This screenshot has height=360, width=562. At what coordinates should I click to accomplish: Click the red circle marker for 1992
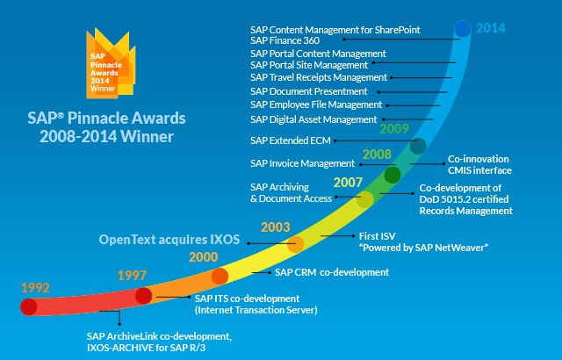29,307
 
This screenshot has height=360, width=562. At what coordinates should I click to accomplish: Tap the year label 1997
132,276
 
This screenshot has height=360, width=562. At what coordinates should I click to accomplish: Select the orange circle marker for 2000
220,277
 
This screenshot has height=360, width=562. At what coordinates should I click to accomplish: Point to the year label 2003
275,227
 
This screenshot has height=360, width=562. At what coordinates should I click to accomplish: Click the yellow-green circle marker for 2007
365,199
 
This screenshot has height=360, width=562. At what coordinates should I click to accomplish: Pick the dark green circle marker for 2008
393,175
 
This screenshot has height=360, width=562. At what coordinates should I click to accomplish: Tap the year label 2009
394,128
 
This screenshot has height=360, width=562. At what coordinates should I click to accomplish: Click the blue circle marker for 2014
463,29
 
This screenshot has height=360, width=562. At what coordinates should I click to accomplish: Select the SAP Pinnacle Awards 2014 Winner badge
111,64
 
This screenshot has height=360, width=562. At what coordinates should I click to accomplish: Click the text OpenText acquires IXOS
169,240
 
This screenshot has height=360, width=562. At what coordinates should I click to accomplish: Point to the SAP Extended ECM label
291,140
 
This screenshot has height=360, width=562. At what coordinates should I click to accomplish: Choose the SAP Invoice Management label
302,163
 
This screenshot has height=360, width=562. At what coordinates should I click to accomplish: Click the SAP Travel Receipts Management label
319,77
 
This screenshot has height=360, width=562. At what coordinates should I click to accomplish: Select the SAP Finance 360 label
285,40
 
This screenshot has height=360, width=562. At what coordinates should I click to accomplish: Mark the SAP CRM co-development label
332,272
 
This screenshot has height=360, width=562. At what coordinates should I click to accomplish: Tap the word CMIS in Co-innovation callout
460,170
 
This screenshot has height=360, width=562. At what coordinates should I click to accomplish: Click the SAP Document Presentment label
309,91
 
